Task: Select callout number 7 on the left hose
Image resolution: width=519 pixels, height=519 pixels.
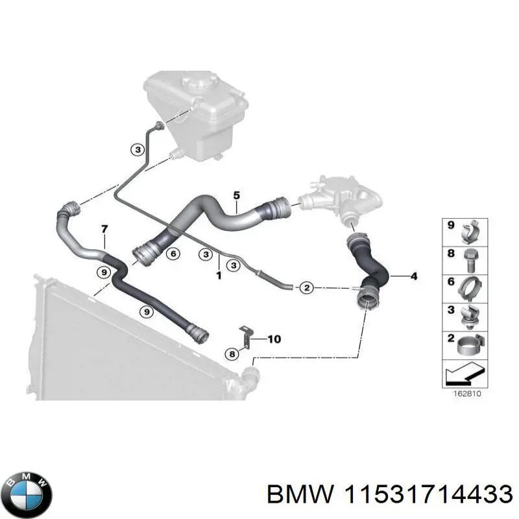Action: tap(103, 228)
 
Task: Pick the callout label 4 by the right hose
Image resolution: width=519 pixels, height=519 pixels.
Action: tap(413, 277)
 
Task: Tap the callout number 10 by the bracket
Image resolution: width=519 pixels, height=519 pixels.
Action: tap(274, 339)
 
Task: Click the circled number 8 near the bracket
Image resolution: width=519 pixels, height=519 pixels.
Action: tap(232, 354)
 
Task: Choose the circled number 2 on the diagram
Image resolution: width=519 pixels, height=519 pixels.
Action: tap(306, 287)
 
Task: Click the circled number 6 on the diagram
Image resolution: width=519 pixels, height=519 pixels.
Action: tap(173, 256)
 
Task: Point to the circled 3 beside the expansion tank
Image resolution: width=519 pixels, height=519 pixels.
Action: tap(137, 150)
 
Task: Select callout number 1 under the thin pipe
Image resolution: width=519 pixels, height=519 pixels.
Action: tap(219, 276)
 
